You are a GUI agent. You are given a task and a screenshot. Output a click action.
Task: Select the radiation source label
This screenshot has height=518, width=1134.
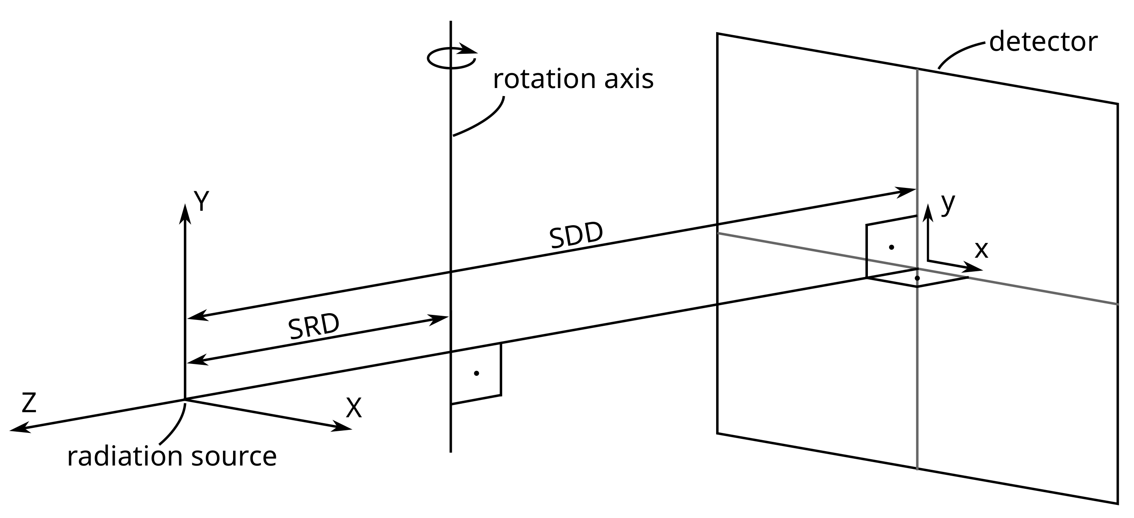pyautogui.click(x=172, y=457)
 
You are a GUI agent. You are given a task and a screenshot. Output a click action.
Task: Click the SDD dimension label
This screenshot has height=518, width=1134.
pyautogui.click(x=576, y=236)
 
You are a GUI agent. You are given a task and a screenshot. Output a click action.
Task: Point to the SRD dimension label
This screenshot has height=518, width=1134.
pyautogui.click(x=314, y=327)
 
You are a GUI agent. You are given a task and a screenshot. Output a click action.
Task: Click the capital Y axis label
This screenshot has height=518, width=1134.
pyautogui.click(x=201, y=202)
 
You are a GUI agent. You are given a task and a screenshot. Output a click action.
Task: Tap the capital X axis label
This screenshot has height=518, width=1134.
pyautogui.click(x=353, y=408)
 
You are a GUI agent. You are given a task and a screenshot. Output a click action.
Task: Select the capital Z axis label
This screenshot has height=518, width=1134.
pyautogui.click(x=29, y=403)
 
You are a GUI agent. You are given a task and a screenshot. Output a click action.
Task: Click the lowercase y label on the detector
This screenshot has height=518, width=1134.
pyautogui.click(x=948, y=203)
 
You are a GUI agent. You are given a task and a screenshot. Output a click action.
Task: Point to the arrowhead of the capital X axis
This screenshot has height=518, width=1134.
pyautogui.click(x=343, y=427)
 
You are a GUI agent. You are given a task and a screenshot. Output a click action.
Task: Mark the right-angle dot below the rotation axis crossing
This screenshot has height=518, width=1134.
pyautogui.click(x=476, y=373)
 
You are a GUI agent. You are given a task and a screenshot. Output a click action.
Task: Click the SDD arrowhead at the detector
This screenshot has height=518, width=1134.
pyautogui.click(x=907, y=191)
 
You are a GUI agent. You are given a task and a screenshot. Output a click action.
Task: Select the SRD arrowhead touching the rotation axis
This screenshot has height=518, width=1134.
pyautogui.click(x=440, y=318)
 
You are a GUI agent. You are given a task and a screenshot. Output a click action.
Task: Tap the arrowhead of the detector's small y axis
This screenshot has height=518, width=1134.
pyautogui.click(x=928, y=212)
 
